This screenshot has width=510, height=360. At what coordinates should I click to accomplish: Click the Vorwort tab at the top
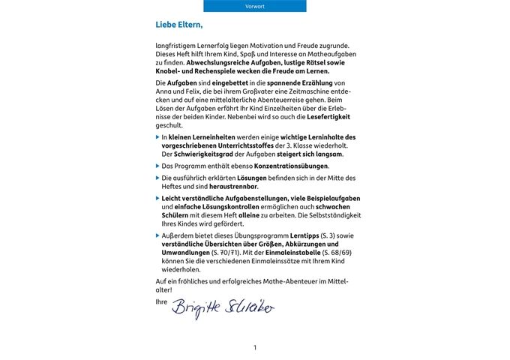pyautogui.click(x=255, y=6)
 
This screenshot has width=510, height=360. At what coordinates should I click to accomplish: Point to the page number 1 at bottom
pyautogui.click(x=255, y=347)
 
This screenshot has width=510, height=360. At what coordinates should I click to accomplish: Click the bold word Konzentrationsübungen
pyautogui.click(x=289, y=165)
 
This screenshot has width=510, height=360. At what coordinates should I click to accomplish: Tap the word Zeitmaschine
pyautogui.click(x=305, y=90)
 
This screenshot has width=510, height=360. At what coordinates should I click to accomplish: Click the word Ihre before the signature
pyautogui.click(x=160, y=301)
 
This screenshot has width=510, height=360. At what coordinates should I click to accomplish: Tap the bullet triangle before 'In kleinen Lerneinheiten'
pyautogui.click(x=158, y=137)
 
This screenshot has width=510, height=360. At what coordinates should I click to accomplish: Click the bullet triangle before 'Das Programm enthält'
pyautogui.click(x=158, y=165)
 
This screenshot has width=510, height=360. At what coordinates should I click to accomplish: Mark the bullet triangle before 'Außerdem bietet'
pyautogui.click(x=158, y=235)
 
